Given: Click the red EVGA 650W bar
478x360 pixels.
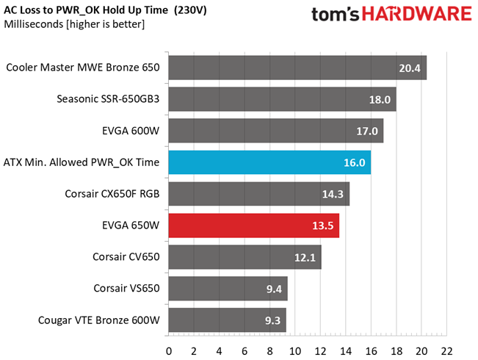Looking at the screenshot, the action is point(254,226).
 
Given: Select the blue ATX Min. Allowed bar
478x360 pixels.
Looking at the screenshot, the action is point(269,162).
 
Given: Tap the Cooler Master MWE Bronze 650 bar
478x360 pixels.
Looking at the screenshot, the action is point(297,68).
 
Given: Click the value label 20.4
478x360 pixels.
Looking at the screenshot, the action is point(410,68).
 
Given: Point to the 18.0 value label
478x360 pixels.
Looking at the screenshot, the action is point(380,100).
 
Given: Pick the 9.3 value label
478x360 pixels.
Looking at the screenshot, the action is point(272,320).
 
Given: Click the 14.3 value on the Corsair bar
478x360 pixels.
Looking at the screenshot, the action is point(333,194).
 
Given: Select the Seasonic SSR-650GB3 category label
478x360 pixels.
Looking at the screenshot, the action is point(108,99).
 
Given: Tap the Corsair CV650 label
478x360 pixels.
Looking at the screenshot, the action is point(126,256).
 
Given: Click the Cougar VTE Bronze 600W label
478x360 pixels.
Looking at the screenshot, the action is point(99,320).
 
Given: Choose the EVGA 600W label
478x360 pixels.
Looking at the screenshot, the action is point(131,131).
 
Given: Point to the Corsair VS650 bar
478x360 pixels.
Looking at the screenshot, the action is point(228,289).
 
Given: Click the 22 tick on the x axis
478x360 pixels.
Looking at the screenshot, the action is point(446,351).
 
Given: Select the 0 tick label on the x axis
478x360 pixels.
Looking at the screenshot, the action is point(169,351).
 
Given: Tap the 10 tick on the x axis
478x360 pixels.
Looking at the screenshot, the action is point(294,351).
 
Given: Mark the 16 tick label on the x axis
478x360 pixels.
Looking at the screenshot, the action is point(371,351).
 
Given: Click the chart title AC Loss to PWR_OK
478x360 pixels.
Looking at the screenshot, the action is point(105,10).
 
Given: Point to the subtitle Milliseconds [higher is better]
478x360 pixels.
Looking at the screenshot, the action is point(74,24).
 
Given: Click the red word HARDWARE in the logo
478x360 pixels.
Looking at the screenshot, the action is point(417,14).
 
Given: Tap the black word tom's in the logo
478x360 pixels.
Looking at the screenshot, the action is point(336,15).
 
